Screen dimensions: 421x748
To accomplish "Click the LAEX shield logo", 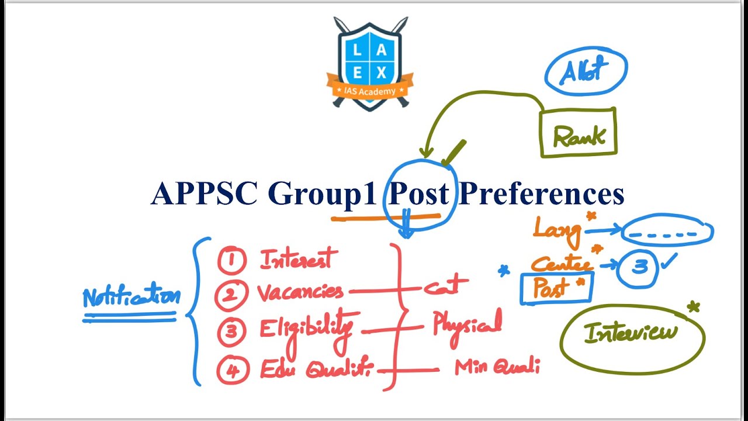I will coord(369,64).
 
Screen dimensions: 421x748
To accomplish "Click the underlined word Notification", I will coord(131,297).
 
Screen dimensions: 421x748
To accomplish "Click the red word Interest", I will coord(299,258).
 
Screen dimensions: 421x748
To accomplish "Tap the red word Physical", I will coord(467,324).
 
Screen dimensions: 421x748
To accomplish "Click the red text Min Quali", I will coord(497,367).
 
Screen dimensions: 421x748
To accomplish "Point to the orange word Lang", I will coord(557,230).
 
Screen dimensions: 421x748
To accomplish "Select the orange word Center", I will coord(560,263).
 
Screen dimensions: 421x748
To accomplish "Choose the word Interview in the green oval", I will coord(631,333).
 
